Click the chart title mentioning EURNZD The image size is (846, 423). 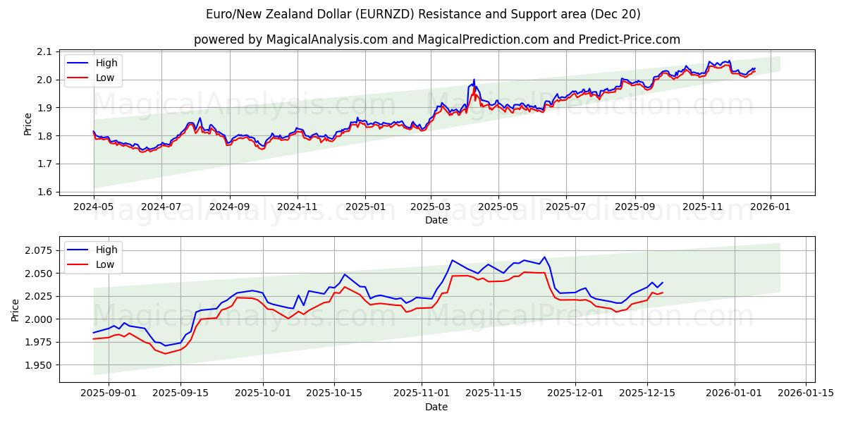tap(423, 14)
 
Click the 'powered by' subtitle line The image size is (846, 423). tap(437, 39)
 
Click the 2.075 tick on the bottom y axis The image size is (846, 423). tap(38, 250)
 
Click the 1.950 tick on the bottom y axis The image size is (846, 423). tap(38, 365)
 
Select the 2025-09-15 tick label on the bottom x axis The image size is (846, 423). tap(180, 393)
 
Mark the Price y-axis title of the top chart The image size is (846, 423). tap(27, 123)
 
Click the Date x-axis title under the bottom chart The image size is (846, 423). tap(436, 407)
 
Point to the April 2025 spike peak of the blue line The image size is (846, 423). tap(474, 80)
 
